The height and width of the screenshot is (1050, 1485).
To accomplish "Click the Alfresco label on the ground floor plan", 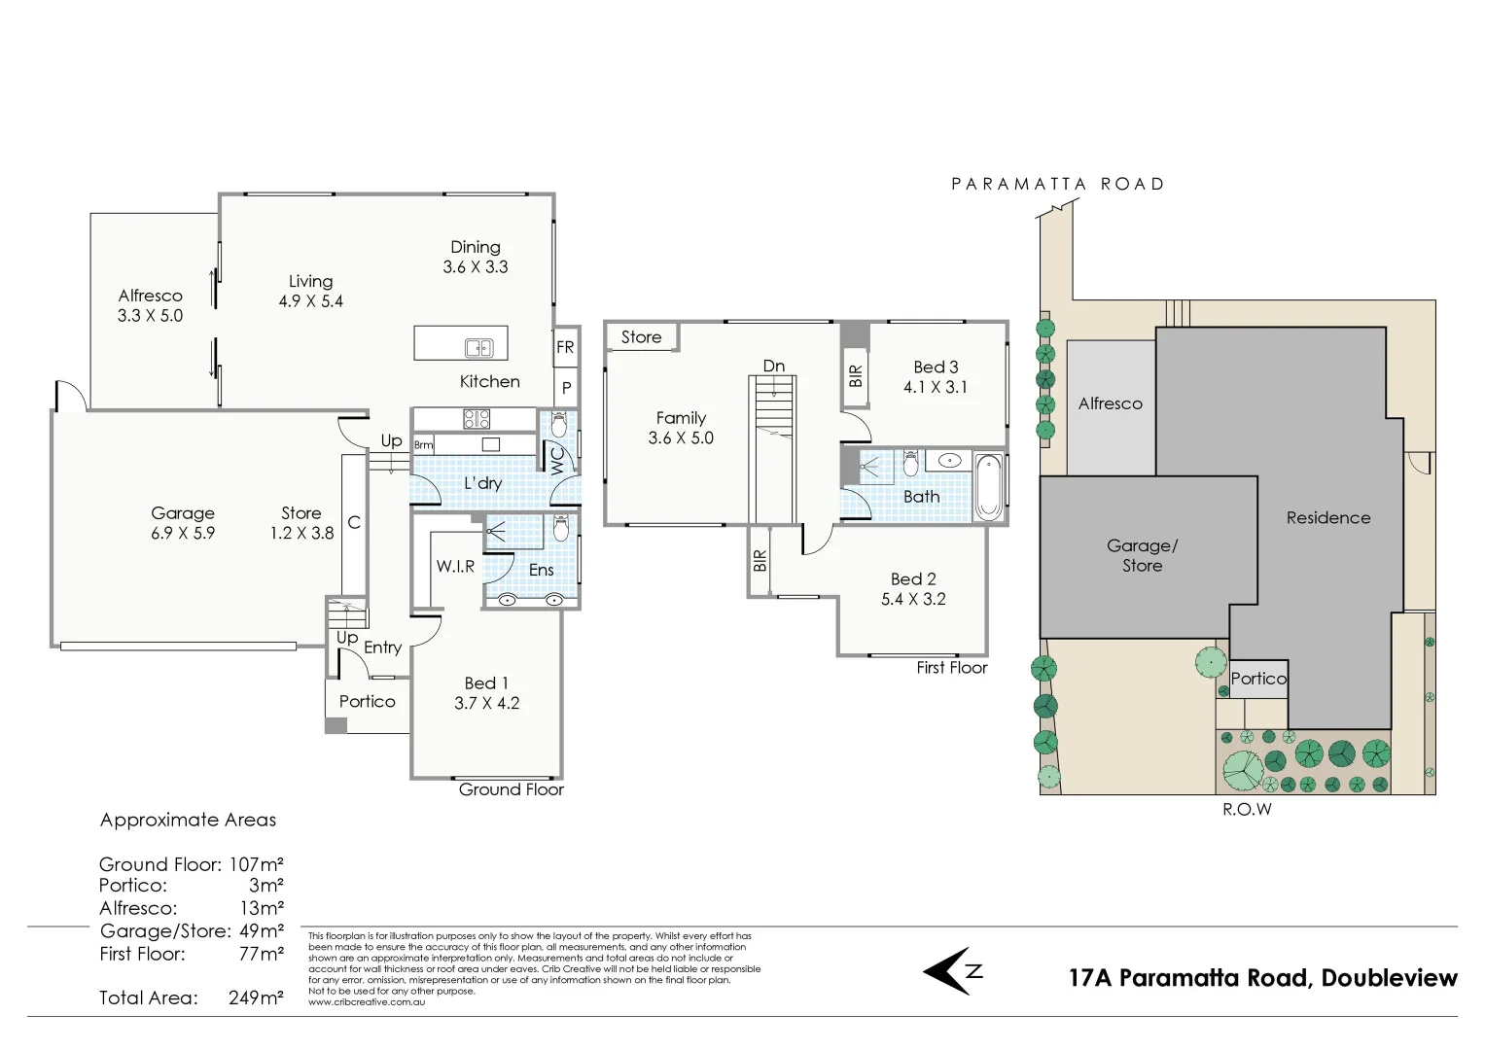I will pos(150,296).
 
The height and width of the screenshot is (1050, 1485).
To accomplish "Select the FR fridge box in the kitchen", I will pos(565,347).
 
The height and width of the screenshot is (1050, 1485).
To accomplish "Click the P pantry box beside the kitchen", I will pos(566,388).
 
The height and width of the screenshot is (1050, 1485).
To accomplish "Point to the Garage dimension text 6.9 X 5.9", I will pos(183,533).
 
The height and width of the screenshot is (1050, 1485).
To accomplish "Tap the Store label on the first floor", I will pos(641,337).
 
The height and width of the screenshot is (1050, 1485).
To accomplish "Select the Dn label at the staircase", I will pos(773,367).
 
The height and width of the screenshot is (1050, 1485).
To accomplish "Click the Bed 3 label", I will pos(936,367).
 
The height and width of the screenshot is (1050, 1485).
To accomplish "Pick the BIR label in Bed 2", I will pos(760,561).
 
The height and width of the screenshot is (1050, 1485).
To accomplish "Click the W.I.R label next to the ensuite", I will pos(455,566).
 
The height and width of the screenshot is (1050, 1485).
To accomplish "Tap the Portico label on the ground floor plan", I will pos(367,701).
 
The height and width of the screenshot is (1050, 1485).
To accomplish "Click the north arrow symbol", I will pos(952,970).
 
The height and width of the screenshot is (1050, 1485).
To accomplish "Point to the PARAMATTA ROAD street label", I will pos(1057,184).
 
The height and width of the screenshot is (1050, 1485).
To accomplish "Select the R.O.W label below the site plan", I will pos(1247,809).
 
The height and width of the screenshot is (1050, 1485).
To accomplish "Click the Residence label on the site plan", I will pos(1327,518).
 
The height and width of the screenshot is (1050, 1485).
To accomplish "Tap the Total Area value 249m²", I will pos(256,997).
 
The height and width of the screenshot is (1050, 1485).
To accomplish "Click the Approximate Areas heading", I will pos(188,820).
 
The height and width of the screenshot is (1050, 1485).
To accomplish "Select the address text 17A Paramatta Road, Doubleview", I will pos(1262,978).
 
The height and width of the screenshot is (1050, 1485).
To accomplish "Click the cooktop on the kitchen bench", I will pos(477,419).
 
